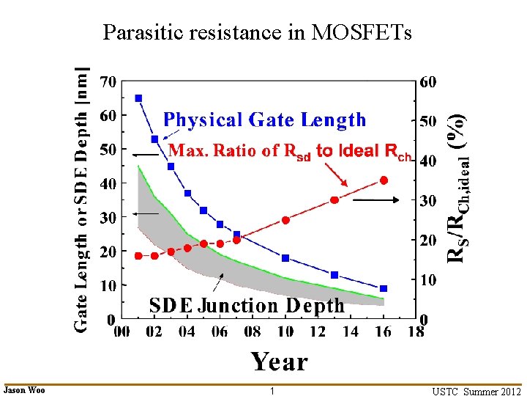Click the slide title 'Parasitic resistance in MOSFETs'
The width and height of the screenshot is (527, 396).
tap(257, 33)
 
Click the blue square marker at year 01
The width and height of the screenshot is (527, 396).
tap(138, 98)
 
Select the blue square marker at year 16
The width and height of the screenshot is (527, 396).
tap(384, 288)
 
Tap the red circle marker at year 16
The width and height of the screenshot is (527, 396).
tap(384, 180)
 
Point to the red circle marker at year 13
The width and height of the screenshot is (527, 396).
tap(334, 200)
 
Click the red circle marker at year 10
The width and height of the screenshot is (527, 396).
tap(285, 220)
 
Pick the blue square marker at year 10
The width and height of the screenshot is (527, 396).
tap(285, 258)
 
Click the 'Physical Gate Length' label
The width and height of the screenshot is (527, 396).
tap(264, 120)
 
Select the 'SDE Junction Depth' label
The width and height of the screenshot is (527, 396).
tap(247, 305)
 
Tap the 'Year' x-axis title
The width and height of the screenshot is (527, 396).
tap(280, 362)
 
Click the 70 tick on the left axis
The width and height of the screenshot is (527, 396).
tap(108, 81)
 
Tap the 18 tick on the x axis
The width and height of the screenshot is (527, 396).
tap(416, 331)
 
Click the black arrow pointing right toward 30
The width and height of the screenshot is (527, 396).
tap(378, 199)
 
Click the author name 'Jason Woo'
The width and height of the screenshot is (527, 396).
tap(24, 390)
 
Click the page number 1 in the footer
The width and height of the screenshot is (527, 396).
tap(272, 391)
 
